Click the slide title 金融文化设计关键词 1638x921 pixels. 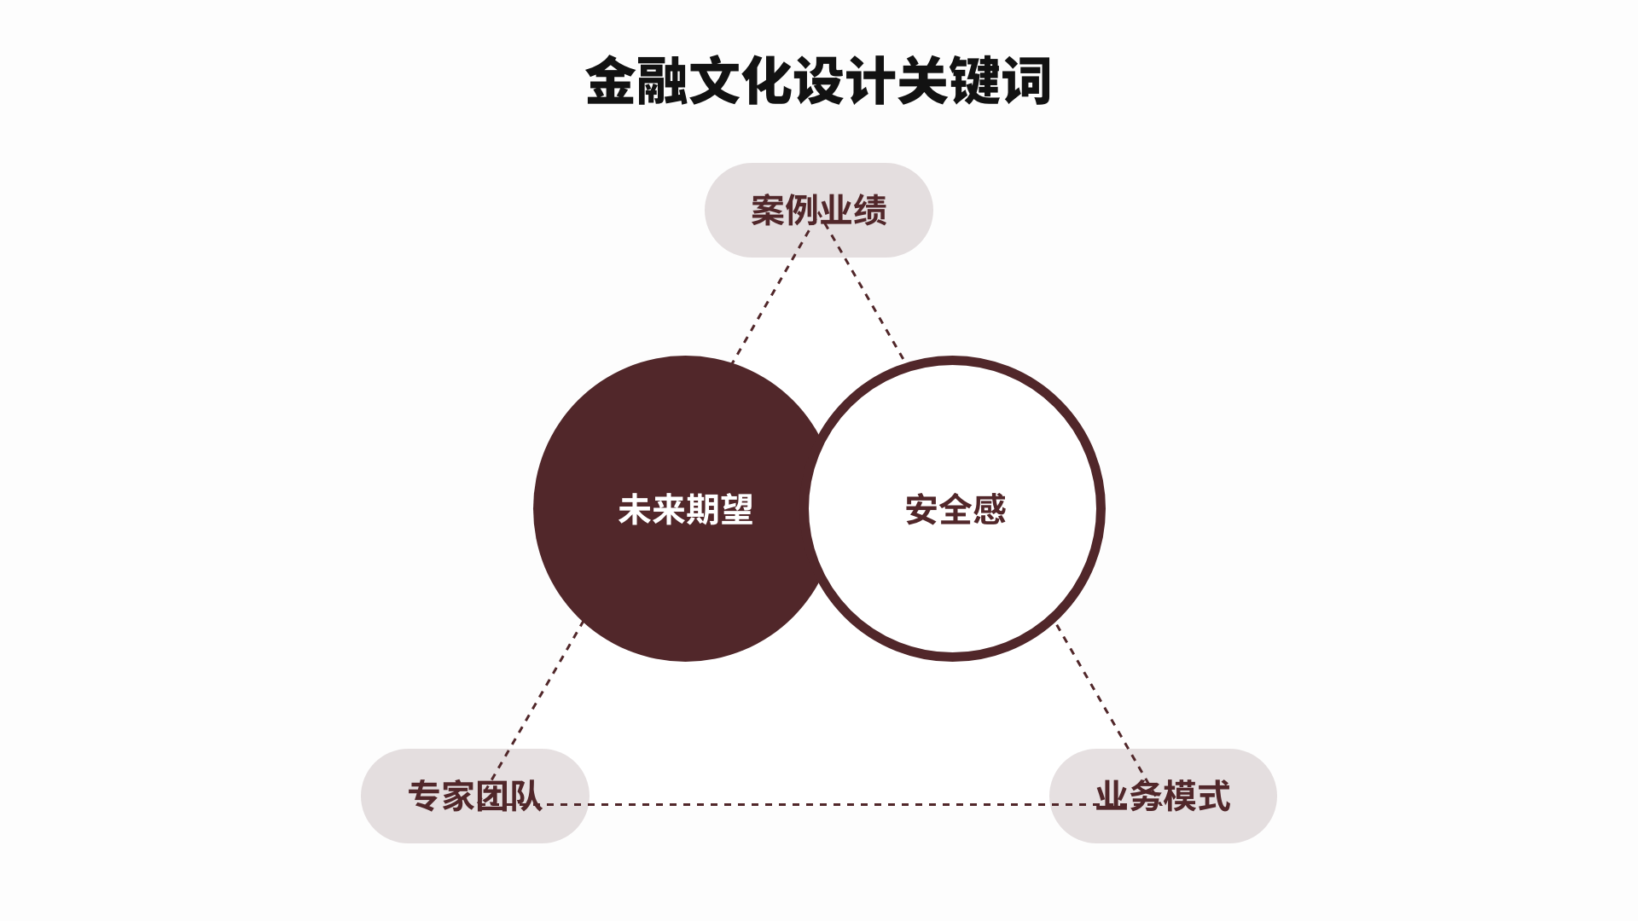[817, 82]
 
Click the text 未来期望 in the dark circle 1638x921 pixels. [685, 510]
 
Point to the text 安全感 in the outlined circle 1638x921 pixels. [955, 510]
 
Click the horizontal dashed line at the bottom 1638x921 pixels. [819, 804]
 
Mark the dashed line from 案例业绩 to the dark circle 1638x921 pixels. [770, 295]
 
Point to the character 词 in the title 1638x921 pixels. [1025, 82]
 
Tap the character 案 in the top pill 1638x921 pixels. [768, 210]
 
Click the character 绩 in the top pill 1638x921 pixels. [870, 210]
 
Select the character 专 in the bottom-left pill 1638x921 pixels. [424, 796]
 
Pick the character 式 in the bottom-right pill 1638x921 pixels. [1213, 796]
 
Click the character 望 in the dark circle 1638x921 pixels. [736, 510]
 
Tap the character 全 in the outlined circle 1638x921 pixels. [955, 510]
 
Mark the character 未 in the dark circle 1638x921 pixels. [635, 510]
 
